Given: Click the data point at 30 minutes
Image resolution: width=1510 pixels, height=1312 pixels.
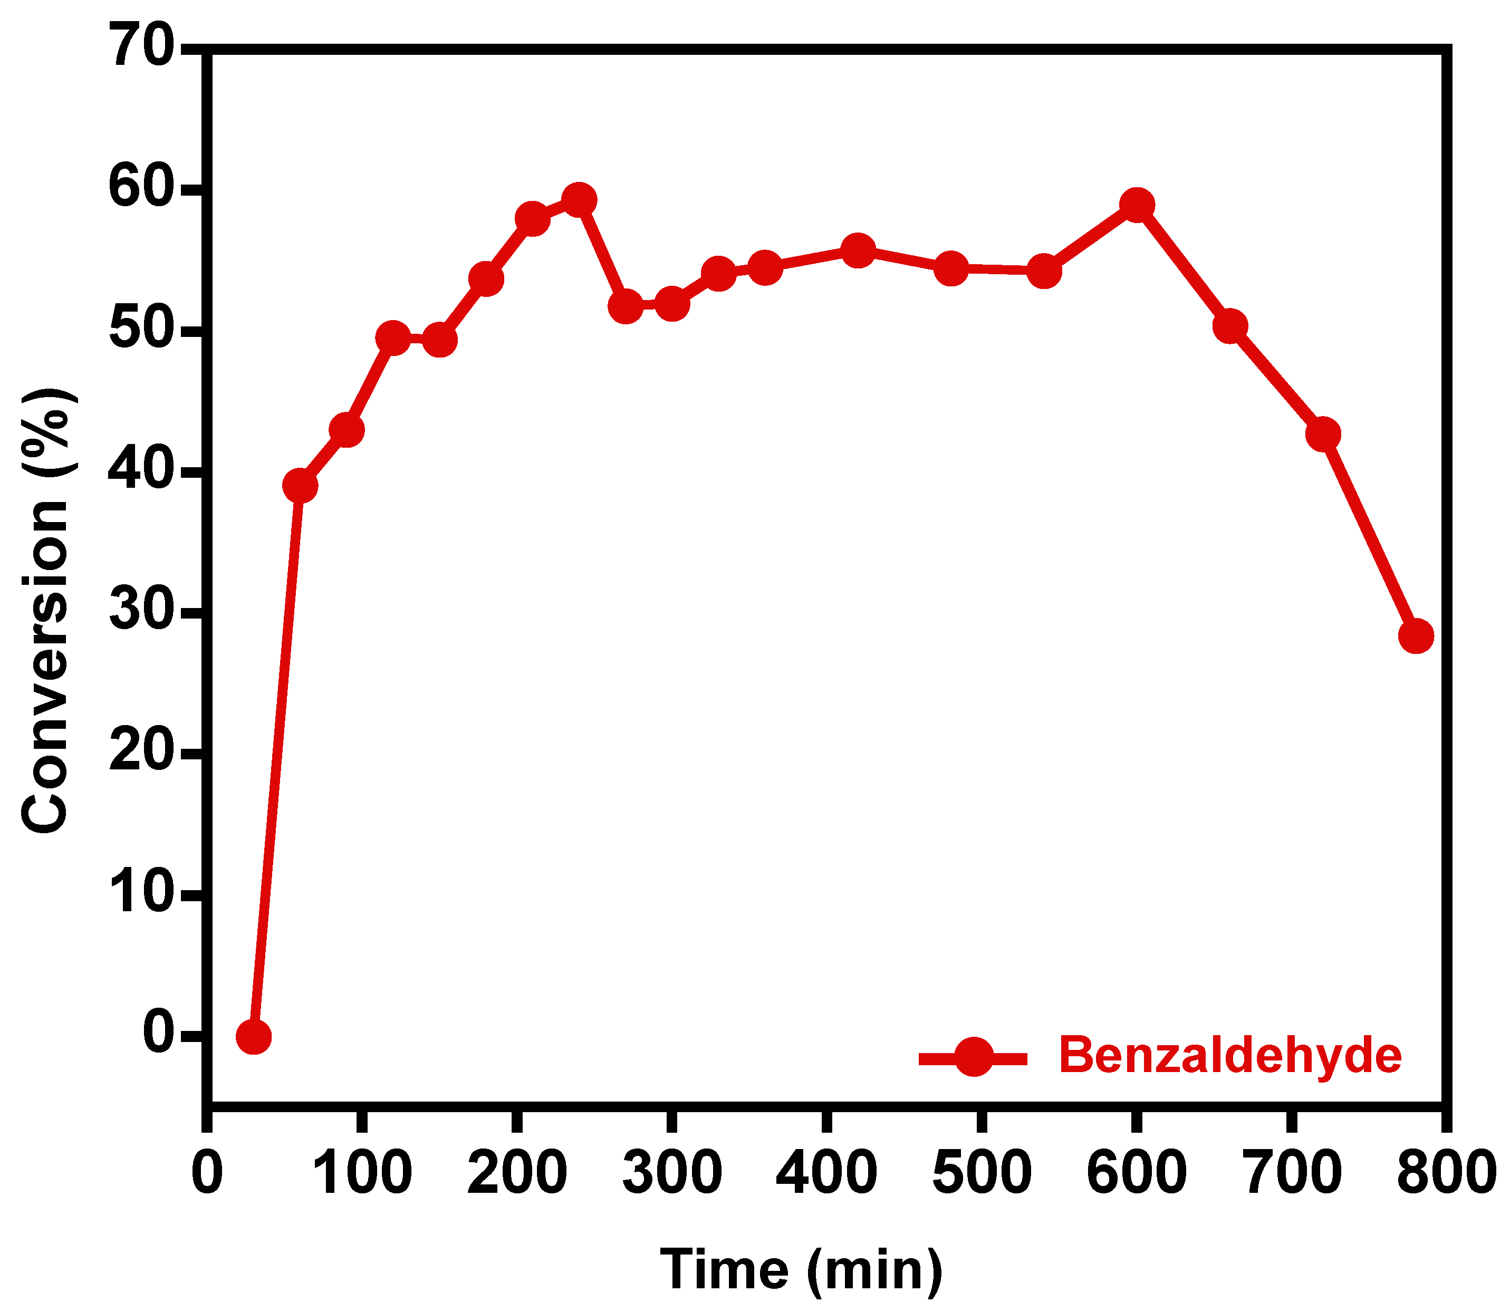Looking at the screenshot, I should (253, 1037).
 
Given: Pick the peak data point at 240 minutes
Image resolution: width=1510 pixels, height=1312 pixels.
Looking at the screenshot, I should (579, 200).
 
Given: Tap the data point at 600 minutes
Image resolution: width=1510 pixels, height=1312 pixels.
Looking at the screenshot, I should (1137, 205).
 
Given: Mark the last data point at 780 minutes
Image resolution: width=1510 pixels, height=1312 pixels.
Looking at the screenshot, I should (1416, 635).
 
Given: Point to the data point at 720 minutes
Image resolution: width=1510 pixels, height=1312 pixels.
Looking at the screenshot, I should (1323, 434).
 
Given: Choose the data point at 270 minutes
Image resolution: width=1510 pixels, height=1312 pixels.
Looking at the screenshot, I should (626, 306).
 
